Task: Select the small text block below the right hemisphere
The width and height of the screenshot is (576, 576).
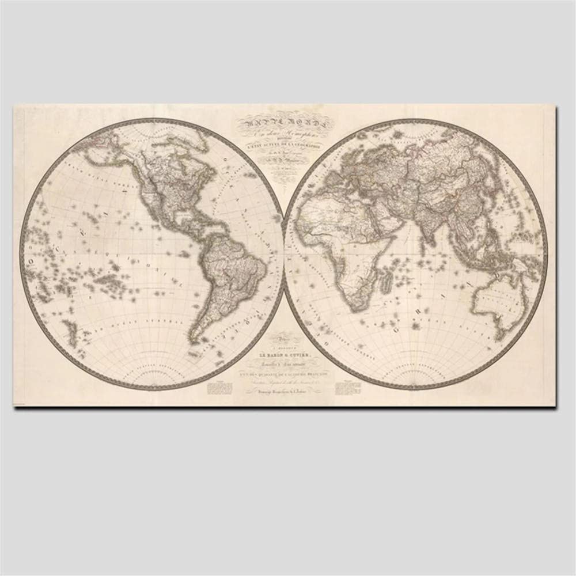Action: [347, 386]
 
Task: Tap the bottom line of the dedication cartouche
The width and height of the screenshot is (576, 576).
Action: [283, 392]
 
